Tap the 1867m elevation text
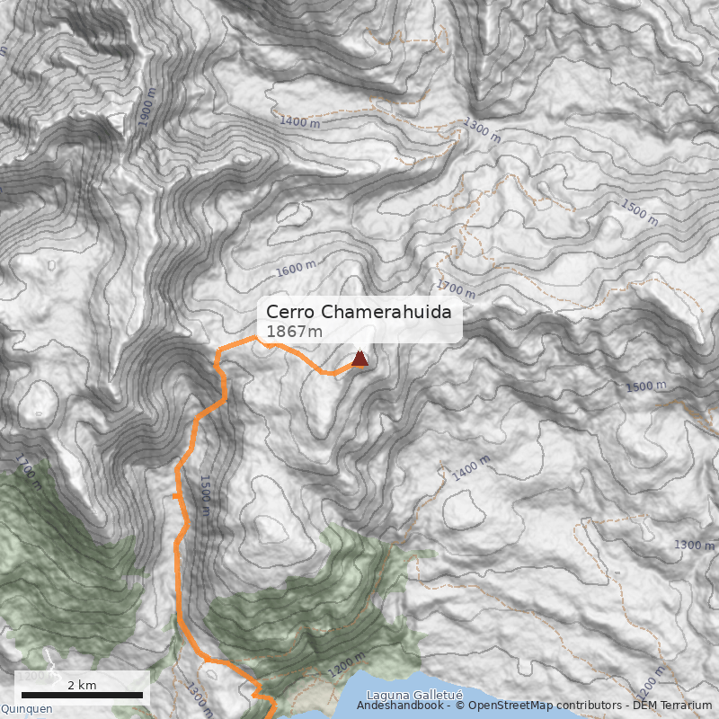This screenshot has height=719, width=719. (294, 333)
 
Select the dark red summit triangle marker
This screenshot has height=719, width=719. (359, 359)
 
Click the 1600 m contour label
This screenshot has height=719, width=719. (296, 268)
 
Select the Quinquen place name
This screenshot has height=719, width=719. (26, 708)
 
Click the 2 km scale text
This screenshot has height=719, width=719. (82, 685)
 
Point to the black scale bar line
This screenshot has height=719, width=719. (82, 695)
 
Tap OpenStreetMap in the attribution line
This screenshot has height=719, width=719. (513, 706)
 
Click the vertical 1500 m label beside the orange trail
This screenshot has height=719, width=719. (205, 495)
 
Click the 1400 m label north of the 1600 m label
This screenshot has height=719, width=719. (299, 120)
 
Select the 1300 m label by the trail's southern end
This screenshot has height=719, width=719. (200, 699)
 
